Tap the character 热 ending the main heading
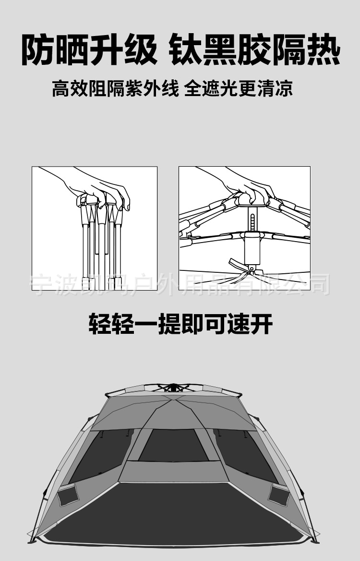pos(323,49)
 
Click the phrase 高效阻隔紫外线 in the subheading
pos(115,89)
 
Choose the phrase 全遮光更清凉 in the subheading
pos(239,89)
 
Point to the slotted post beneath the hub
pos(252,219)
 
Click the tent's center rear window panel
pos(173,446)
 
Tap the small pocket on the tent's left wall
pos(68,494)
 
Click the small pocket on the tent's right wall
pos(278,494)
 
